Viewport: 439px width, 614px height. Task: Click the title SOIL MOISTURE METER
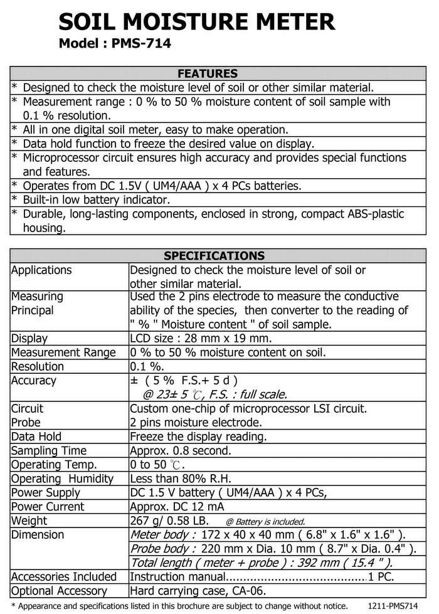pyautogui.click(x=196, y=23)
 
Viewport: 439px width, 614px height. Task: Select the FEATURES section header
pyautogui.click(x=208, y=73)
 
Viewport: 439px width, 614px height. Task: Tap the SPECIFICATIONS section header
pyautogui.click(x=214, y=256)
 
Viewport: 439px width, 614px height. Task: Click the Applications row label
pyautogui.click(x=41, y=270)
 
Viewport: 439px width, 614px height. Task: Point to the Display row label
pyautogui.click(x=29, y=339)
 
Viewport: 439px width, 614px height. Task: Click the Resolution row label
pyautogui.click(x=38, y=366)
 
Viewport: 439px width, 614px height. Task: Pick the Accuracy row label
pyautogui.click(x=34, y=381)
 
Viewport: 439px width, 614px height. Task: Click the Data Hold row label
pyautogui.click(x=36, y=437)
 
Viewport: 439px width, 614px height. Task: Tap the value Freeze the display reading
pyautogui.click(x=198, y=437)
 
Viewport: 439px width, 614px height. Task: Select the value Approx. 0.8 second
pyautogui.click(x=180, y=451)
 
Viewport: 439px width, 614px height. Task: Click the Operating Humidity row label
pyautogui.click(x=62, y=479)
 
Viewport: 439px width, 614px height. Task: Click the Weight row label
pyautogui.click(x=29, y=521)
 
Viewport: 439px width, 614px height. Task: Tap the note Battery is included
pyautogui.click(x=265, y=522)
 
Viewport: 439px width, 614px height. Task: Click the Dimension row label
pyautogui.click(x=38, y=535)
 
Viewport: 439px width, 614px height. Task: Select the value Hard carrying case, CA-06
pyautogui.click(x=198, y=591)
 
